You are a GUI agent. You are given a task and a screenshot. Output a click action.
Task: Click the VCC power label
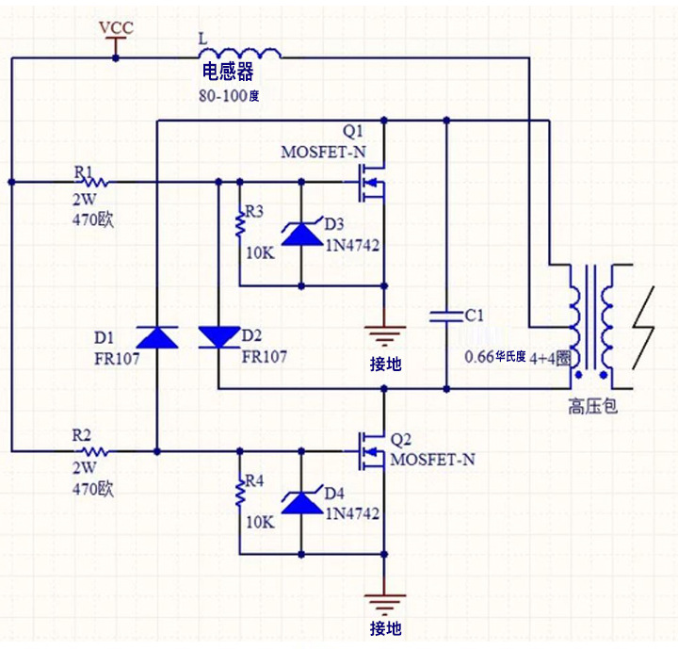point(116,27)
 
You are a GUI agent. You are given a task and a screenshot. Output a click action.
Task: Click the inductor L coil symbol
point(239,53)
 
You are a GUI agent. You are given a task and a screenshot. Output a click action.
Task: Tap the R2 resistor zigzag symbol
point(95,452)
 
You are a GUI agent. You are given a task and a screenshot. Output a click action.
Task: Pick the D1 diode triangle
point(157,337)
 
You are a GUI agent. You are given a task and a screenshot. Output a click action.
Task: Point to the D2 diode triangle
point(219,337)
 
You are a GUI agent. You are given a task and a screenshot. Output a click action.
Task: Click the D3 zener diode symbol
point(302,234)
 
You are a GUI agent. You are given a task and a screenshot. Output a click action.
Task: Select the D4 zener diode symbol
point(302,502)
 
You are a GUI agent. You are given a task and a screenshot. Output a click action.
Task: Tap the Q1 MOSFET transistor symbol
point(371,183)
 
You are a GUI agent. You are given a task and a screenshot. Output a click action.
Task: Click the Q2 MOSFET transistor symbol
point(371,452)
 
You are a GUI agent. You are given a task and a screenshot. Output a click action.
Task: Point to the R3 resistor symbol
point(240,225)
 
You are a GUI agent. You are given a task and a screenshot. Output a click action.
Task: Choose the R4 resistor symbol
point(240,494)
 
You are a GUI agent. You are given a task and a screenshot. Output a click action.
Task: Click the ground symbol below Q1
point(384,335)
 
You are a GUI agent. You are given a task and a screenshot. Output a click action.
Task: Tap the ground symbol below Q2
point(384,604)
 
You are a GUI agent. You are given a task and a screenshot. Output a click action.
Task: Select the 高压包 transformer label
point(592,407)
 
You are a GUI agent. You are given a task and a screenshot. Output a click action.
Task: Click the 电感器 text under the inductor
point(228,72)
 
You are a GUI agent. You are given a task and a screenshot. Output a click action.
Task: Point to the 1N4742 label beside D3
point(352,246)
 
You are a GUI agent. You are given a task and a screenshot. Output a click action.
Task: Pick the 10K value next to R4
point(260,522)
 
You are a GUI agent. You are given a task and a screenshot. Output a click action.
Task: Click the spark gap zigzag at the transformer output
point(643,328)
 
